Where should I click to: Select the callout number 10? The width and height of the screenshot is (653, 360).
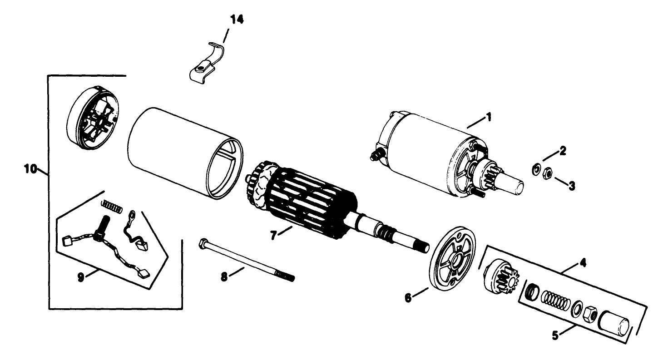click(30, 169)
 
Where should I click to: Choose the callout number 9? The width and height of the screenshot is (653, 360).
click(81, 277)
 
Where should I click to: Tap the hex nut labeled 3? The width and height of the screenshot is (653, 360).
click(548, 172)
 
